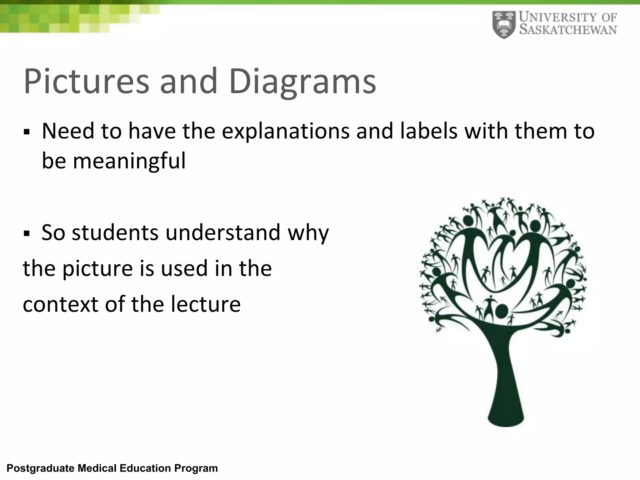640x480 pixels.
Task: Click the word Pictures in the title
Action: click(x=86, y=82)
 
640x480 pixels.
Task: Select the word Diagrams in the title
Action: click(x=302, y=82)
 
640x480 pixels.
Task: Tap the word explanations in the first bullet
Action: click(x=286, y=131)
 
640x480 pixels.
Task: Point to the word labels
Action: click(x=429, y=131)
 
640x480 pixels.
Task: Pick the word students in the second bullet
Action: click(x=115, y=232)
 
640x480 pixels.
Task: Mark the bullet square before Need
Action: click(x=26, y=132)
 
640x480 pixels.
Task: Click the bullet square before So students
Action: click(x=26, y=234)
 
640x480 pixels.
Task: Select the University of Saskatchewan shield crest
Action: click(x=504, y=25)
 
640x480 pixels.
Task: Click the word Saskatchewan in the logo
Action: click(x=568, y=30)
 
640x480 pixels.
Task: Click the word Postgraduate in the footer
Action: click(x=40, y=468)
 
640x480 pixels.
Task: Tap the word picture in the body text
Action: click(x=98, y=268)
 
